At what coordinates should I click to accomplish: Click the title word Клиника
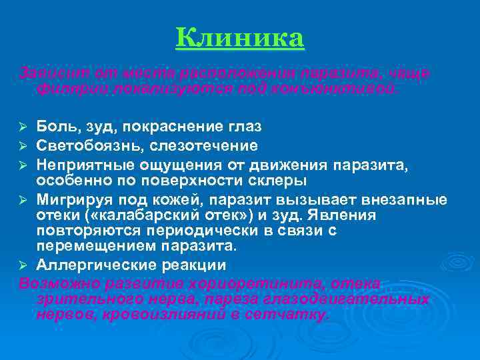pos(240,39)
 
